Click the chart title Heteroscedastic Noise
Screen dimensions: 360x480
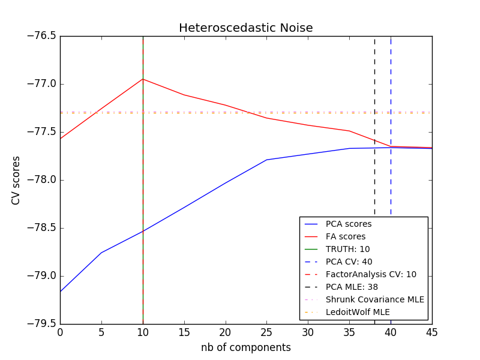pos(245,28)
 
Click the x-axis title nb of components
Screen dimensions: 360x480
pos(245,347)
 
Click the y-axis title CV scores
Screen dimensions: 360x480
pos(16,180)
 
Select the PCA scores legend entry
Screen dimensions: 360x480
pos(348,224)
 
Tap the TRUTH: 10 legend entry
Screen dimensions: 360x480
pos(347,249)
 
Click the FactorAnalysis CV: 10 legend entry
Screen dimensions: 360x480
pos(371,274)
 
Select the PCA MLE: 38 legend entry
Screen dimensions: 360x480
pos(352,287)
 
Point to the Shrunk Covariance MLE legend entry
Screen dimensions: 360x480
pos(374,299)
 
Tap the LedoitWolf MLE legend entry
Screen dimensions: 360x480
pos(358,312)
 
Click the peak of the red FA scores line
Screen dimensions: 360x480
pos(143,79)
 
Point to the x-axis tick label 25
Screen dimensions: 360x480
pos(266,332)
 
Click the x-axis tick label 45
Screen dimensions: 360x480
pos(431,332)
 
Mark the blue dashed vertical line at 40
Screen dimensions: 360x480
pos(391,90)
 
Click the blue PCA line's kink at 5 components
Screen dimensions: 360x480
pos(101,253)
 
